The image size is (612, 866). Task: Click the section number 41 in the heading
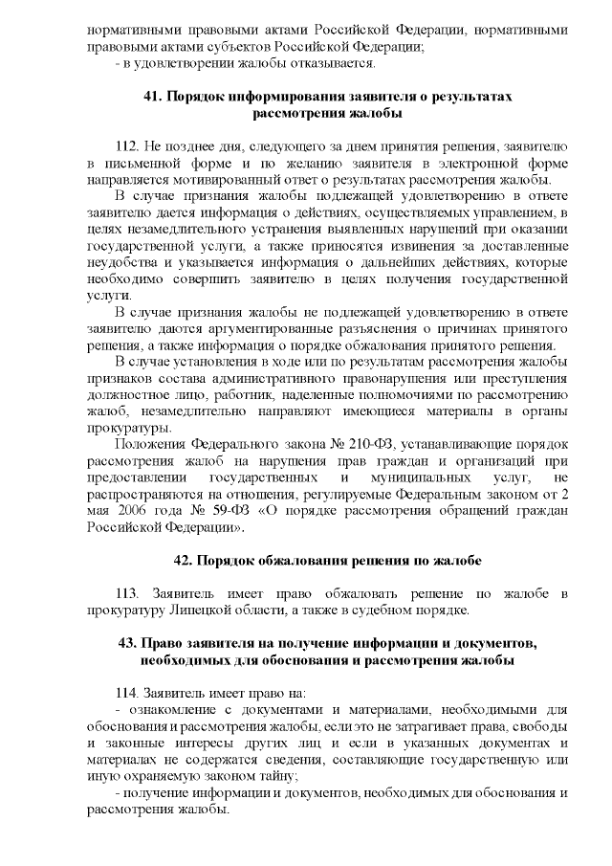tap(154, 98)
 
